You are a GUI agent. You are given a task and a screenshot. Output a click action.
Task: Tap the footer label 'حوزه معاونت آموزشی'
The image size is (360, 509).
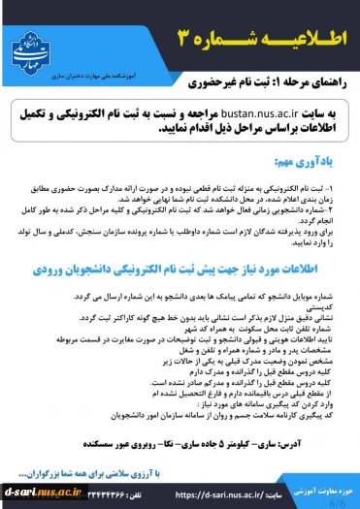click(316, 493)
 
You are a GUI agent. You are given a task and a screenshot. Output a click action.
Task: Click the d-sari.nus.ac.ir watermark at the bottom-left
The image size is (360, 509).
click(35, 492)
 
